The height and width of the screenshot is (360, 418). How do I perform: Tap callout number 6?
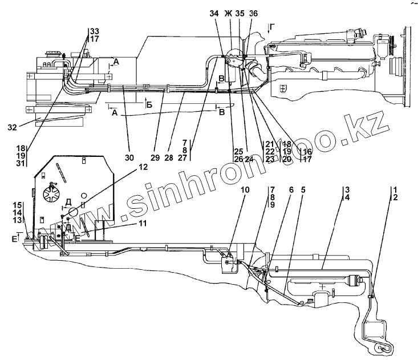[291, 191]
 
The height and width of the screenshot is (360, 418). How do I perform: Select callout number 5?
[303, 191]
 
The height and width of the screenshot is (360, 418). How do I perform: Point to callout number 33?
[95, 31]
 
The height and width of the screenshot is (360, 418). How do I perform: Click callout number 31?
[21, 163]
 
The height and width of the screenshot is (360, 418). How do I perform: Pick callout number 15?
[18, 205]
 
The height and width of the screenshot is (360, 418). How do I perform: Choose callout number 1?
[395, 189]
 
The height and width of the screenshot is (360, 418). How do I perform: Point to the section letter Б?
[149, 106]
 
